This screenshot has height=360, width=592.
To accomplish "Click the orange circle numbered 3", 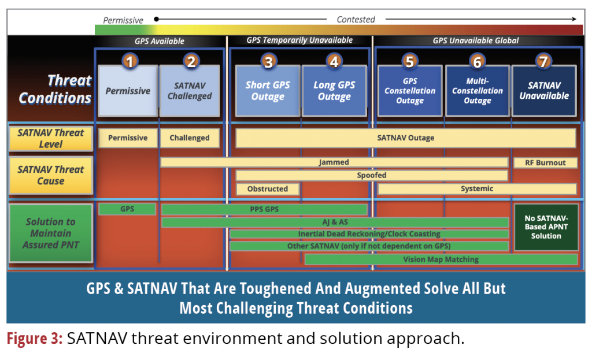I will tap(268, 61).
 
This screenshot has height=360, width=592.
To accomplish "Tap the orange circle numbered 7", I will tap(543, 61).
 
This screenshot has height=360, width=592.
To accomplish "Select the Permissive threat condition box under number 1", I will tap(128, 91).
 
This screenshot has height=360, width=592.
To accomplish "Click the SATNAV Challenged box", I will tap(190, 91).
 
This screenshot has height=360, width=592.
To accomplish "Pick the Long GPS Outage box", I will tap(334, 91).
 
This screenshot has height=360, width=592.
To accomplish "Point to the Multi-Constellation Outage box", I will tap(478, 91).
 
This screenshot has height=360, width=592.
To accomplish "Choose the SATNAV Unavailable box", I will tap(544, 91).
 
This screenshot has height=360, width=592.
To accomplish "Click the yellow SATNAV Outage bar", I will tap(405, 138).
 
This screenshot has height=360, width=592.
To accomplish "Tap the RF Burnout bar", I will tap(545, 163).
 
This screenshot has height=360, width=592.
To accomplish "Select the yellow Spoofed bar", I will tap(371, 175).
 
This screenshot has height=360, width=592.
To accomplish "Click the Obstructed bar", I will tap(268, 189).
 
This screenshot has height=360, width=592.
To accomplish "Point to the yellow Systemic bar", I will tap(477, 189).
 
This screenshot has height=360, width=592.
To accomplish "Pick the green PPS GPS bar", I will tap(264, 209).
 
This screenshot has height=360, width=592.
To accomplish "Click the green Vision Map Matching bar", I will tap(441, 259).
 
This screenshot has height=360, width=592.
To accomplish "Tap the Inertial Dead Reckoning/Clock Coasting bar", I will tap(369, 234).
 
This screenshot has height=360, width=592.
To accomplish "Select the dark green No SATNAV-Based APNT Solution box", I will tap(546, 227).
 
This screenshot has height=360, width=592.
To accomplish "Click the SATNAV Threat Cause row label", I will tap(50, 175).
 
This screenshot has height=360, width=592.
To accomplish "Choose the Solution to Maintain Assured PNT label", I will tap(50, 233).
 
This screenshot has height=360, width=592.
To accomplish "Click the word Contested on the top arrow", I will tap(356, 20).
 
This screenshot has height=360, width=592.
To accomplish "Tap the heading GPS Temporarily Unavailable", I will tap(299, 40).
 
